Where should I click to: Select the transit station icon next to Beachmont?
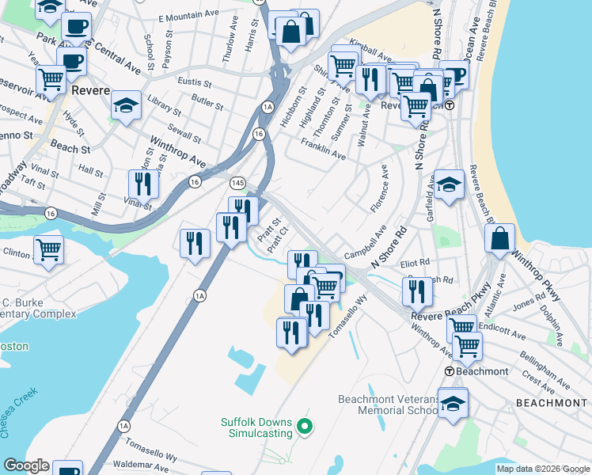coord(449,371)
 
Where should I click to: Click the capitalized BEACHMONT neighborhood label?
coord(552,403)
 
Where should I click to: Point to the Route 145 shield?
coord(237,183)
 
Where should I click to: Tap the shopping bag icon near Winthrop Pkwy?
coord(500,238)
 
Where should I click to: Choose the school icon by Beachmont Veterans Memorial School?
coord(453,403)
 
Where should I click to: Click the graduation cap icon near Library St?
coord(126,105)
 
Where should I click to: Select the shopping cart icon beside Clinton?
coord(48,249)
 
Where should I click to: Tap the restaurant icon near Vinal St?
coord(143,184)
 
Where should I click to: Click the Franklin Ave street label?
coord(323,150)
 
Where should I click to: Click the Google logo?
coord(25,465)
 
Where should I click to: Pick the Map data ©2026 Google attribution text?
coord(542,469)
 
